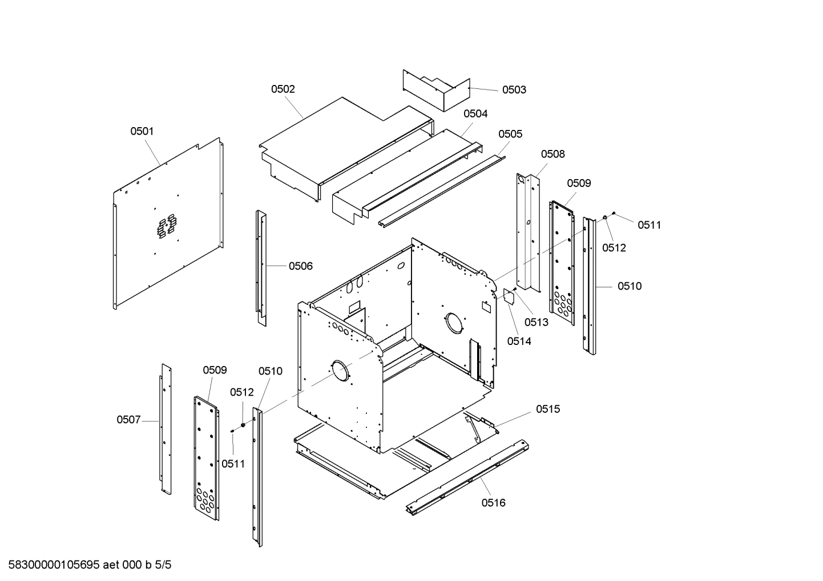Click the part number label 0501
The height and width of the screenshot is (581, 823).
pyautogui.click(x=142, y=131)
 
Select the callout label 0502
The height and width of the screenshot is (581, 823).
pyautogui.click(x=283, y=89)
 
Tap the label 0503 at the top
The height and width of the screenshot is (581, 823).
pyautogui.click(x=514, y=90)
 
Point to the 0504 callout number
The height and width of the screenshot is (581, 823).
pyautogui.click(x=475, y=113)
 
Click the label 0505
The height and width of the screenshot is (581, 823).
pyautogui.click(x=510, y=134)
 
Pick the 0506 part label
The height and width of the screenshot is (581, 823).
pyautogui.click(x=301, y=266)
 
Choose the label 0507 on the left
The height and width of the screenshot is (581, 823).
pyautogui.click(x=128, y=420)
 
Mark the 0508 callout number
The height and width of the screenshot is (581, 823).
pyautogui.click(x=553, y=154)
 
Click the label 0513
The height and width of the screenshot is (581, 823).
pyautogui.click(x=536, y=322)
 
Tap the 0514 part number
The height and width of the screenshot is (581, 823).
pyautogui.click(x=519, y=341)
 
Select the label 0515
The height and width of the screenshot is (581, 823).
pyautogui.click(x=548, y=409)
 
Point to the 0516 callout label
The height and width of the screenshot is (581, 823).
pyautogui.click(x=493, y=502)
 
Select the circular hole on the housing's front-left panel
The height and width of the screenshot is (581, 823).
pyautogui.click(x=340, y=371)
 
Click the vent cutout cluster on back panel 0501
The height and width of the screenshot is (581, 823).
pyautogui.click(x=167, y=226)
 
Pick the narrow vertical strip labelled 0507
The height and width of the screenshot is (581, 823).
pyautogui.click(x=166, y=428)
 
